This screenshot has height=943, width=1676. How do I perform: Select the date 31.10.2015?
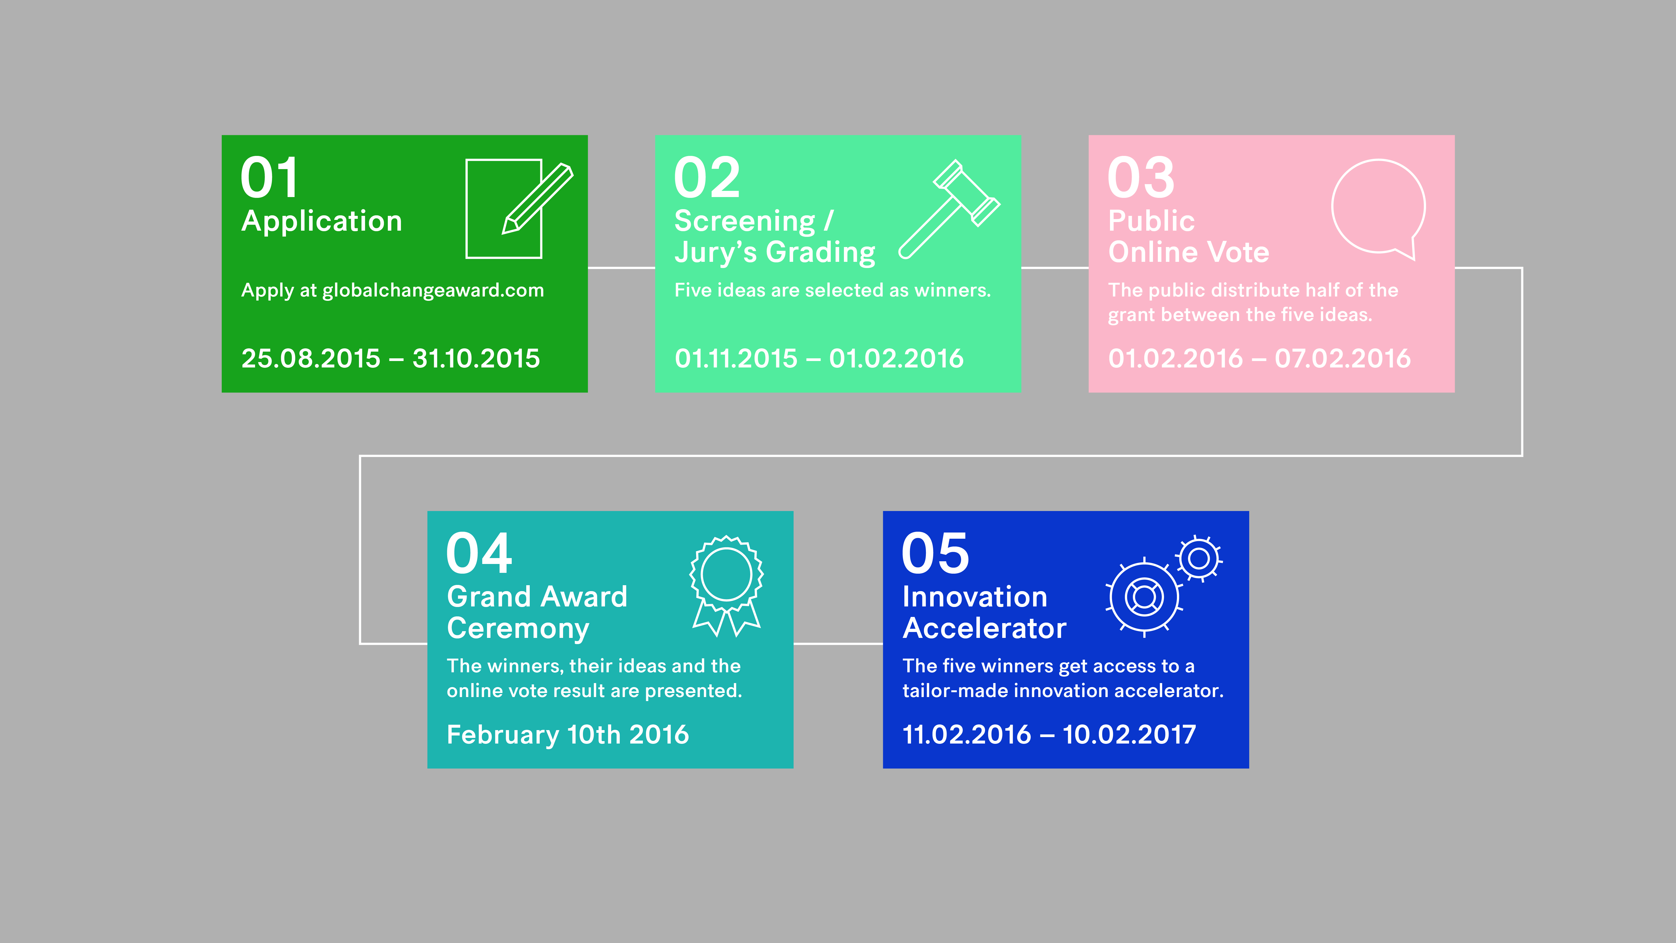(x=476, y=359)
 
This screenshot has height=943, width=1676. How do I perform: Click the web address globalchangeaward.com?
(x=433, y=290)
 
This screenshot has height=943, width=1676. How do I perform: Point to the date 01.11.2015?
(x=736, y=359)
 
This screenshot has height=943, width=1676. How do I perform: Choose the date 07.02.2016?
(x=1343, y=359)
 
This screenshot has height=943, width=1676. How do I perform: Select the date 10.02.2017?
(x=1130, y=735)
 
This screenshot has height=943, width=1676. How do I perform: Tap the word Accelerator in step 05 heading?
(x=984, y=628)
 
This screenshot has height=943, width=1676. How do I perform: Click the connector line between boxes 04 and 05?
(x=838, y=644)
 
